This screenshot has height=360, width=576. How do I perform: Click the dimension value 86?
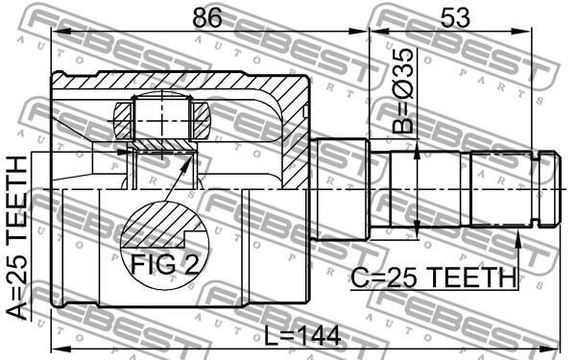pos(207,17)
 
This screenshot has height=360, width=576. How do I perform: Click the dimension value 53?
pos(455,17)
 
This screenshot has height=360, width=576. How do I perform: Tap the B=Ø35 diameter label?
pos(402,91)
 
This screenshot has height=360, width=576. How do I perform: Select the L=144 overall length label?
pos(303,336)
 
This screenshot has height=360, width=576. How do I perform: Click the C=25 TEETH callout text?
pos(434,277)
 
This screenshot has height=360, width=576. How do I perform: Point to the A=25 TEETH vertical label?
pos(17,237)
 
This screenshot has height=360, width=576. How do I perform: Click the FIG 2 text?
pos(164,264)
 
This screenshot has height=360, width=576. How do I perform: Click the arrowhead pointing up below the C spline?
pos(518,239)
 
